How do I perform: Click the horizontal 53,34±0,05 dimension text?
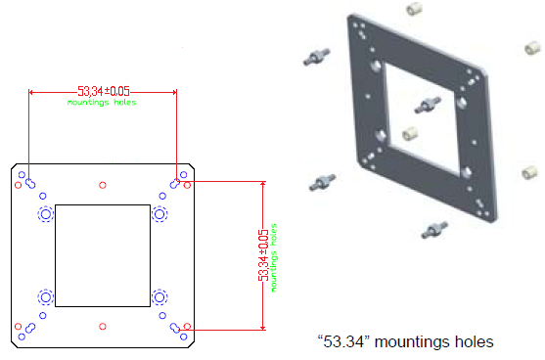pos(104,91)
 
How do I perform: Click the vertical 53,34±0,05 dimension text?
pos(263,254)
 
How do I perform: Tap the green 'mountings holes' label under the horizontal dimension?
pos(102,102)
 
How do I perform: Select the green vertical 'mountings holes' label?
pos(274,257)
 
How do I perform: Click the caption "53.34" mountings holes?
pos(406,341)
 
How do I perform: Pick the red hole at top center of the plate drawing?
pos(102,185)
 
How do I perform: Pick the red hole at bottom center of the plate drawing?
pos(102,327)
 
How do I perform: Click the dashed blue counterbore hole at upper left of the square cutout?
pos(46,214)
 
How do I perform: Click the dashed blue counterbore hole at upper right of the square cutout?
pos(159,214)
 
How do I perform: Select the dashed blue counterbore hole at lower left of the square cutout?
pos(46,297)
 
